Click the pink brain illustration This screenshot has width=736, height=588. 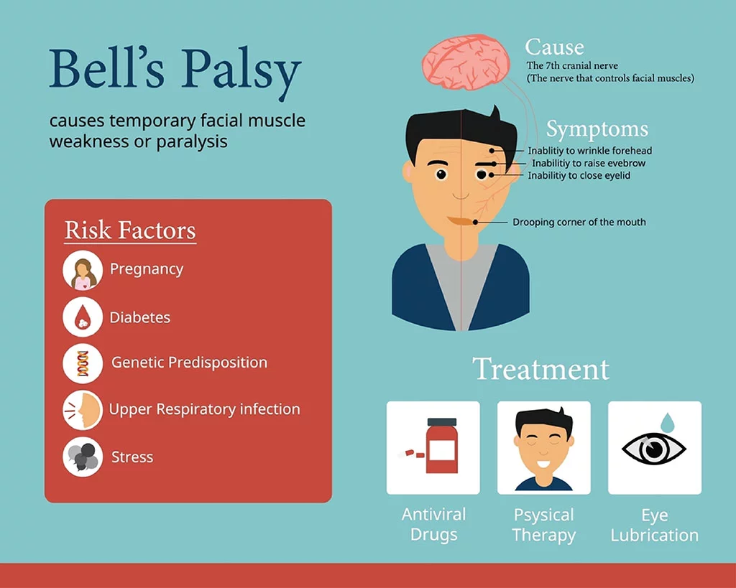point(466,62)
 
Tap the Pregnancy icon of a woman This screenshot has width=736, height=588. point(83,270)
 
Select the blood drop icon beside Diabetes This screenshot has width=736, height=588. point(83,317)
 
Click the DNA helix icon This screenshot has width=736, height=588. point(83,363)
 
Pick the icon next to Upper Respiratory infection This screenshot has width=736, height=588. point(83,410)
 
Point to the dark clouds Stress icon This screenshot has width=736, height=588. point(83,457)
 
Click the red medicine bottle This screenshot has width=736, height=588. point(442,445)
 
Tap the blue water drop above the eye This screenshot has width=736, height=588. point(667,422)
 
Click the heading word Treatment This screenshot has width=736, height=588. point(540,369)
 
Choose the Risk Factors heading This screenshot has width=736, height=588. point(130,230)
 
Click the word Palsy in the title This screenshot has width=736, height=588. point(241,71)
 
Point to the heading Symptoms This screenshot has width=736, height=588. point(597,129)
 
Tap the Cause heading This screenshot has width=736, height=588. point(554,47)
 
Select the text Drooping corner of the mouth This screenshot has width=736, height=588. point(579,222)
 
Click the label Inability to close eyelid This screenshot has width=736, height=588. point(579,175)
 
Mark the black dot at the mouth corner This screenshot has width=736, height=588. point(476,222)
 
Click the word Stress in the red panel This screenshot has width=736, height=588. point(132,457)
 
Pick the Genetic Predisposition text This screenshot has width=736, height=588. point(189,363)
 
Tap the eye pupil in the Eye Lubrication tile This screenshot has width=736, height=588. point(653,449)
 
